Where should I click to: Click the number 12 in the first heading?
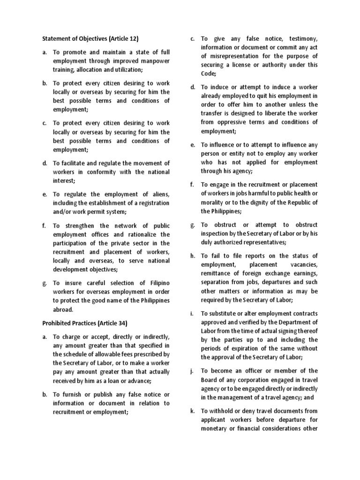[133, 38]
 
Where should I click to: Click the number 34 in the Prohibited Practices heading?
[120, 323]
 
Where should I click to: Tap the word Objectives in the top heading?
[88, 38]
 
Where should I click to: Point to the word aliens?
[160, 194]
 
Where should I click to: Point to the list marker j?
[192, 371]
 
